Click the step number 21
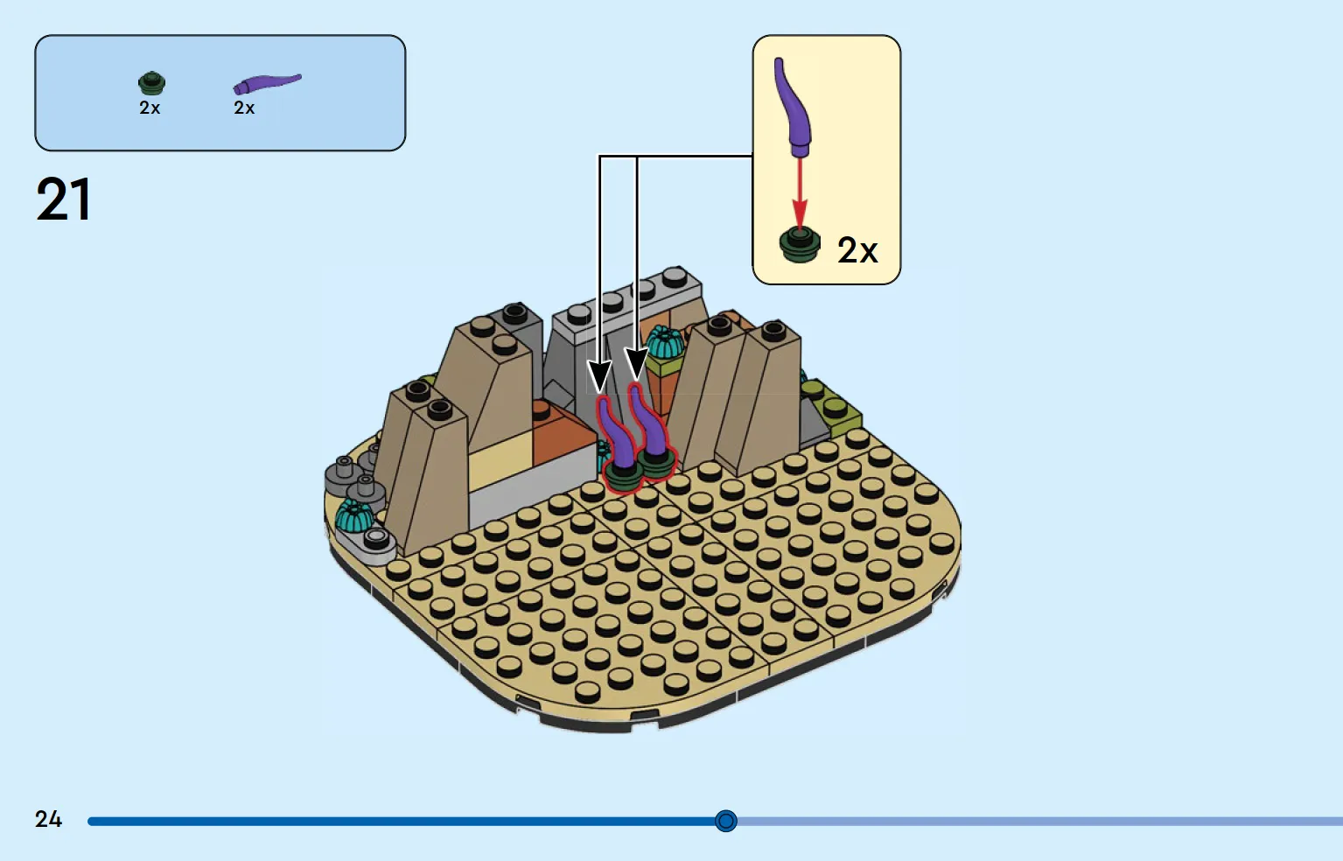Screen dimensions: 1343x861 [x=64, y=199]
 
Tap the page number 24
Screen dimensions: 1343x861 [x=48, y=819]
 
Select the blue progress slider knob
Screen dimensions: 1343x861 [x=725, y=821]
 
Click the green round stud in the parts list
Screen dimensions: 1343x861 [x=151, y=83]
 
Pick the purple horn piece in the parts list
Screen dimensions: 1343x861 [x=267, y=84]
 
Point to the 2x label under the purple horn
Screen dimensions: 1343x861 [x=244, y=108]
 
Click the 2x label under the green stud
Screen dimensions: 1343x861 [x=150, y=108]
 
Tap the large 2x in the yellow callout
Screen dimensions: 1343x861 [x=857, y=250]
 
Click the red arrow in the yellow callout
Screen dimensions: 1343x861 [x=799, y=192]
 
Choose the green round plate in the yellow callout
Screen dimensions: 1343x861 [x=799, y=246]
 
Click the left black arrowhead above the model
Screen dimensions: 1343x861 [x=599, y=377]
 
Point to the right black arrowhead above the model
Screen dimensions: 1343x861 [x=636, y=364]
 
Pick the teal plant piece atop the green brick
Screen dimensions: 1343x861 [x=665, y=342]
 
